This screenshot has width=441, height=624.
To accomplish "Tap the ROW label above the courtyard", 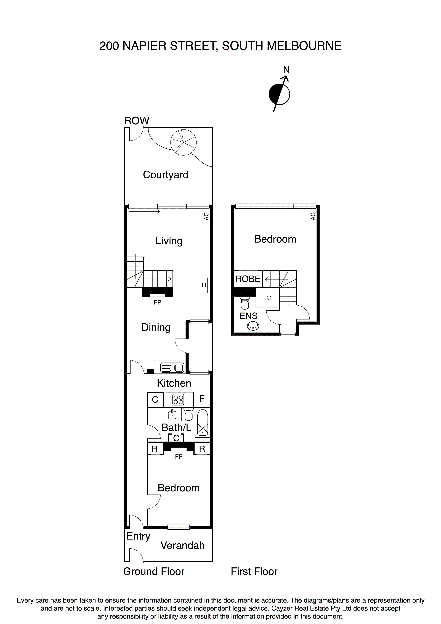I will click(x=137, y=121).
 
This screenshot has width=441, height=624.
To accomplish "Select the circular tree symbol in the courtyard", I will click(x=183, y=142).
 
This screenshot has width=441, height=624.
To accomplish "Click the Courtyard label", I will click(x=166, y=175).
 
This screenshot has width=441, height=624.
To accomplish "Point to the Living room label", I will click(x=169, y=241).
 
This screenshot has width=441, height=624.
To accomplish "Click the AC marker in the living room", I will click(x=206, y=216).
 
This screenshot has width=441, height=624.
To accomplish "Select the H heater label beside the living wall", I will click(x=204, y=285).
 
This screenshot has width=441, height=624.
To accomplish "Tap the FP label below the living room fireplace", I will click(x=157, y=302).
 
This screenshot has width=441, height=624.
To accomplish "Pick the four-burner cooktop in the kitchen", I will click(x=178, y=400).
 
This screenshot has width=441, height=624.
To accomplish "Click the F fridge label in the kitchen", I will click(x=202, y=399).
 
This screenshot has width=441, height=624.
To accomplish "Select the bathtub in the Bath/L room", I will click(x=202, y=423).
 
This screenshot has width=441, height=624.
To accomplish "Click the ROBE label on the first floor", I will click(x=248, y=279).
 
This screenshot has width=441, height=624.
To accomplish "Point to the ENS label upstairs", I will click(x=248, y=316).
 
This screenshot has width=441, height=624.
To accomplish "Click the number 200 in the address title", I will click(x=109, y=46).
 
